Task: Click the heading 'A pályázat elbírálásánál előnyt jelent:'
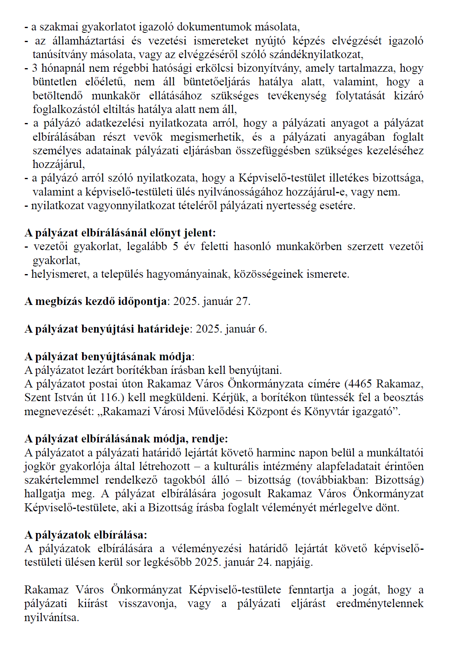[120, 233]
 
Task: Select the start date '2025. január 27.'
[212, 301]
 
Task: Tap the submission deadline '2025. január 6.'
[231, 329]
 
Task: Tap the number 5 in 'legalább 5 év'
[175, 246]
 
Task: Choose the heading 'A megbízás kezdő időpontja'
[96, 301]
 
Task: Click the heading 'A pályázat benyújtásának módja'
[108, 356]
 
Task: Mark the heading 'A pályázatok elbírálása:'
[86, 535]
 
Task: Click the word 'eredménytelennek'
[380, 603]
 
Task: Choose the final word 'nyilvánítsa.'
[52, 618]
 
